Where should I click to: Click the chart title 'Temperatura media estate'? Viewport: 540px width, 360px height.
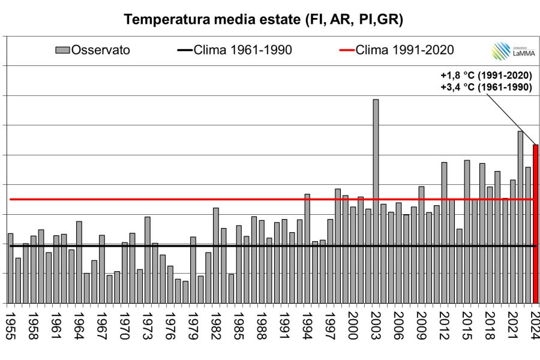[263, 19]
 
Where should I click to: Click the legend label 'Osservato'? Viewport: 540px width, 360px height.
[101, 50]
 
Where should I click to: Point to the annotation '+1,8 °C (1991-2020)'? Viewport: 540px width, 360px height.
[486, 76]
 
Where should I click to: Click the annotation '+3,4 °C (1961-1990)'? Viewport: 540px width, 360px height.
[486, 88]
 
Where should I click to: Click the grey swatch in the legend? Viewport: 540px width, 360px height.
[62, 50]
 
